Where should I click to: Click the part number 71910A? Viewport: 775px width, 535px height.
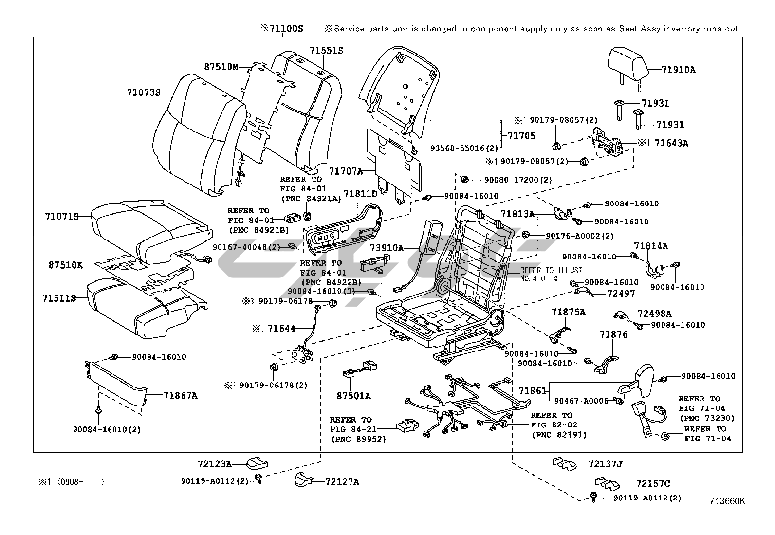[678, 70]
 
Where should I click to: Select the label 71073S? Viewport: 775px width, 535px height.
[144, 92]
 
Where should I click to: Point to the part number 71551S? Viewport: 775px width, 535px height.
[326, 51]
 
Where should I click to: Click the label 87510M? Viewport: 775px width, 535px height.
[221, 67]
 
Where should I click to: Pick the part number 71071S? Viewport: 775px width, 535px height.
[61, 216]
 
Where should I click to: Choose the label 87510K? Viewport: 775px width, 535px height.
[65, 265]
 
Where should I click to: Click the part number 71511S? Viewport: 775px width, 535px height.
[59, 298]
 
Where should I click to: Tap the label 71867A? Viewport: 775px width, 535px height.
[181, 396]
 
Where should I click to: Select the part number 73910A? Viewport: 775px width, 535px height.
[387, 248]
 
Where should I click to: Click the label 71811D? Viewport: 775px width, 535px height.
[361, 194]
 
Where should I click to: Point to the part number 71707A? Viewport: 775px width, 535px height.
[346, 171]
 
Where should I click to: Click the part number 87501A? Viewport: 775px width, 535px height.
[353, 396]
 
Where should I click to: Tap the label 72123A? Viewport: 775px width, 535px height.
[215, 464]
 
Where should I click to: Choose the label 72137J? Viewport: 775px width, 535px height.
[605, 464]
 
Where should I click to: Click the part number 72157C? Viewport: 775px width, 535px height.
[653, 483]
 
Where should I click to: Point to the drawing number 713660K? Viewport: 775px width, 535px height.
[727, 501]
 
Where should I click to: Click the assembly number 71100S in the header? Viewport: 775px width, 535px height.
[282, 29]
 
